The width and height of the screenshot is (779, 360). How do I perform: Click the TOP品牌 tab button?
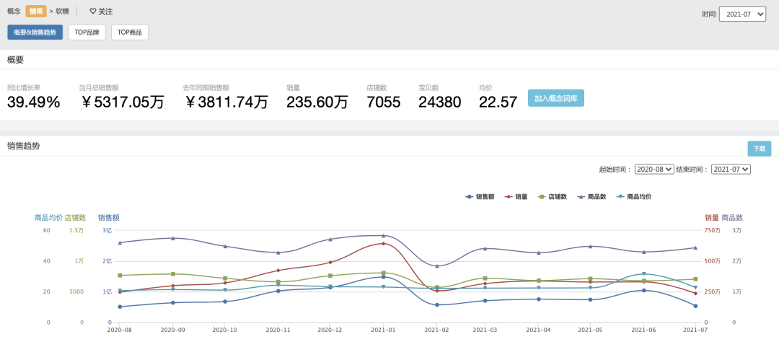(x=87, y=32)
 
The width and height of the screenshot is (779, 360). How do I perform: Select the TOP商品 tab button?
(x=130, y=32)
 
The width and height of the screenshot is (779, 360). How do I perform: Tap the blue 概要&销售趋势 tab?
(x=35, y=32)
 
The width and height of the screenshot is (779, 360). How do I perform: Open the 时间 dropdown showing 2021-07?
(x=742, y=14)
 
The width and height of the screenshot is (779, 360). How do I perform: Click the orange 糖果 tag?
(x=36, y=11)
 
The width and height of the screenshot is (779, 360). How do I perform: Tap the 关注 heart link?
(x=101, y=11)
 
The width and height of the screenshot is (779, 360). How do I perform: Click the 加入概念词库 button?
(x=556, y=98)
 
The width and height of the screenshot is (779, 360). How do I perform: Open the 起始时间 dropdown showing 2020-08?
(x=654, y=169)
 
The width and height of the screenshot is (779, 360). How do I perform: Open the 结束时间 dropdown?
(x=731, y=169)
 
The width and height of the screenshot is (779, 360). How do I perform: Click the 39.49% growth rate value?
(x=34, y=102)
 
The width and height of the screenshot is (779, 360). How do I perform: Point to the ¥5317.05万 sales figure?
(x=123, y=102)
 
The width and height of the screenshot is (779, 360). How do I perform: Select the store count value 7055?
(x=384, y=102)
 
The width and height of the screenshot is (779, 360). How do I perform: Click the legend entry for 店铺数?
(x=553, y=197)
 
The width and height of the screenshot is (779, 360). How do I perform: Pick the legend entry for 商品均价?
(x=634, y=197)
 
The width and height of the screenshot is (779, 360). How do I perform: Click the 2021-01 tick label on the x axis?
(x=383, y=330)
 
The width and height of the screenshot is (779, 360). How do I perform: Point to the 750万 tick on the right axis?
(x=712, y=230)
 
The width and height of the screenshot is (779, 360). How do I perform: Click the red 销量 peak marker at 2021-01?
(x=384, y=244)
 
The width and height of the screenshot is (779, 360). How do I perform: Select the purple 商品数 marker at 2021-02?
(x=437, y=266)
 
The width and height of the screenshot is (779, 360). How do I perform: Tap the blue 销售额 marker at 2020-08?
(x=120, y=307)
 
